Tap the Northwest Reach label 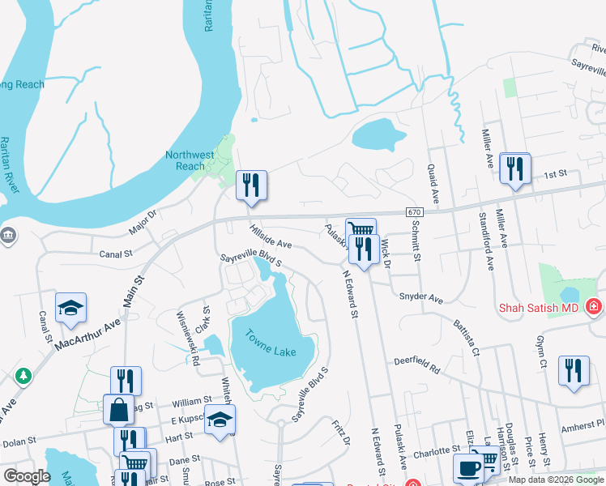coord(190,160)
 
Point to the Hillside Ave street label coord(270,237)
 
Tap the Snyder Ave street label coord(421,297)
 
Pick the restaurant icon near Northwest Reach coord(251,185)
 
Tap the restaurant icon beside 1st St coord(514,168)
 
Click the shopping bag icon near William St coord(119,409)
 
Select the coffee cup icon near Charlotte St coord(468,468)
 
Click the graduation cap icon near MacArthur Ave coord(71,307)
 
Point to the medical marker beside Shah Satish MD coord(594,306)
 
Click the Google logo coord(27,476)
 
